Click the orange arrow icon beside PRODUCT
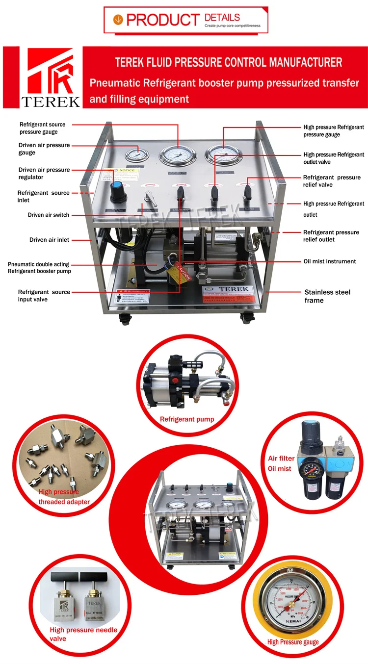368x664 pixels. pyautogui.click(x=118, y=19)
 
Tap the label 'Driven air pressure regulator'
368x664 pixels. pyautogui.click(x=44, y=174)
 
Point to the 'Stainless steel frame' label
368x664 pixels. pyautogui.click(x=327, y=296)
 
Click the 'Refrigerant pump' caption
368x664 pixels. pyautogui.click(x=187, y=419)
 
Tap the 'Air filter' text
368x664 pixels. pyautogui.click(x=281, y=459)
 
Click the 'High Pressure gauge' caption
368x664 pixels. pyautogui.click(x=293, y=641)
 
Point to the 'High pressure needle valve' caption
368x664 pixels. pyautogui.click(x=83, y=634)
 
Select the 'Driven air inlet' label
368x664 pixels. pyautogui.click(x=49, y=240)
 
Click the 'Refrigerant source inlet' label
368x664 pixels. pyautogui.click(x=43, y=197)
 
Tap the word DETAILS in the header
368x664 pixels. pyautogui.click(x=222, y=18)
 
